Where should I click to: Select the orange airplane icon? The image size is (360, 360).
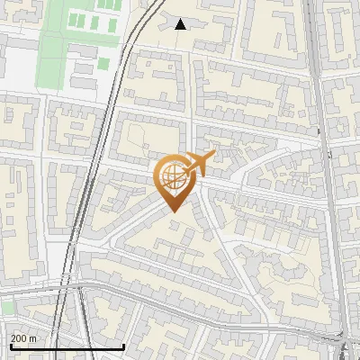click(x=202, y=164)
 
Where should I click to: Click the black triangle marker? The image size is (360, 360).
click(x=181, y=24)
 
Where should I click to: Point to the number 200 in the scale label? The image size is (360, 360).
click(x=20, y=338)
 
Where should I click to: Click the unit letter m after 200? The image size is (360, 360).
click(x=33, y=338)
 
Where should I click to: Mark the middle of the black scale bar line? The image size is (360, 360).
click(x=67, y=346)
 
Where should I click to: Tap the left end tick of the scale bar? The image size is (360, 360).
click(x=10, y=345)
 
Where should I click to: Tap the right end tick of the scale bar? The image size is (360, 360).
click(x=123, y=345)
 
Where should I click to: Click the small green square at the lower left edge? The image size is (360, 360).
click(x=7, y=309)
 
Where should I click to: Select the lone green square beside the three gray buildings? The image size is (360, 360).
click(x=103, y=63)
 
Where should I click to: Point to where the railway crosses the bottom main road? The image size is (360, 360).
click(x=79, y=291)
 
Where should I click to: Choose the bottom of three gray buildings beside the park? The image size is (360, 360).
click(x=82, y=83)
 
